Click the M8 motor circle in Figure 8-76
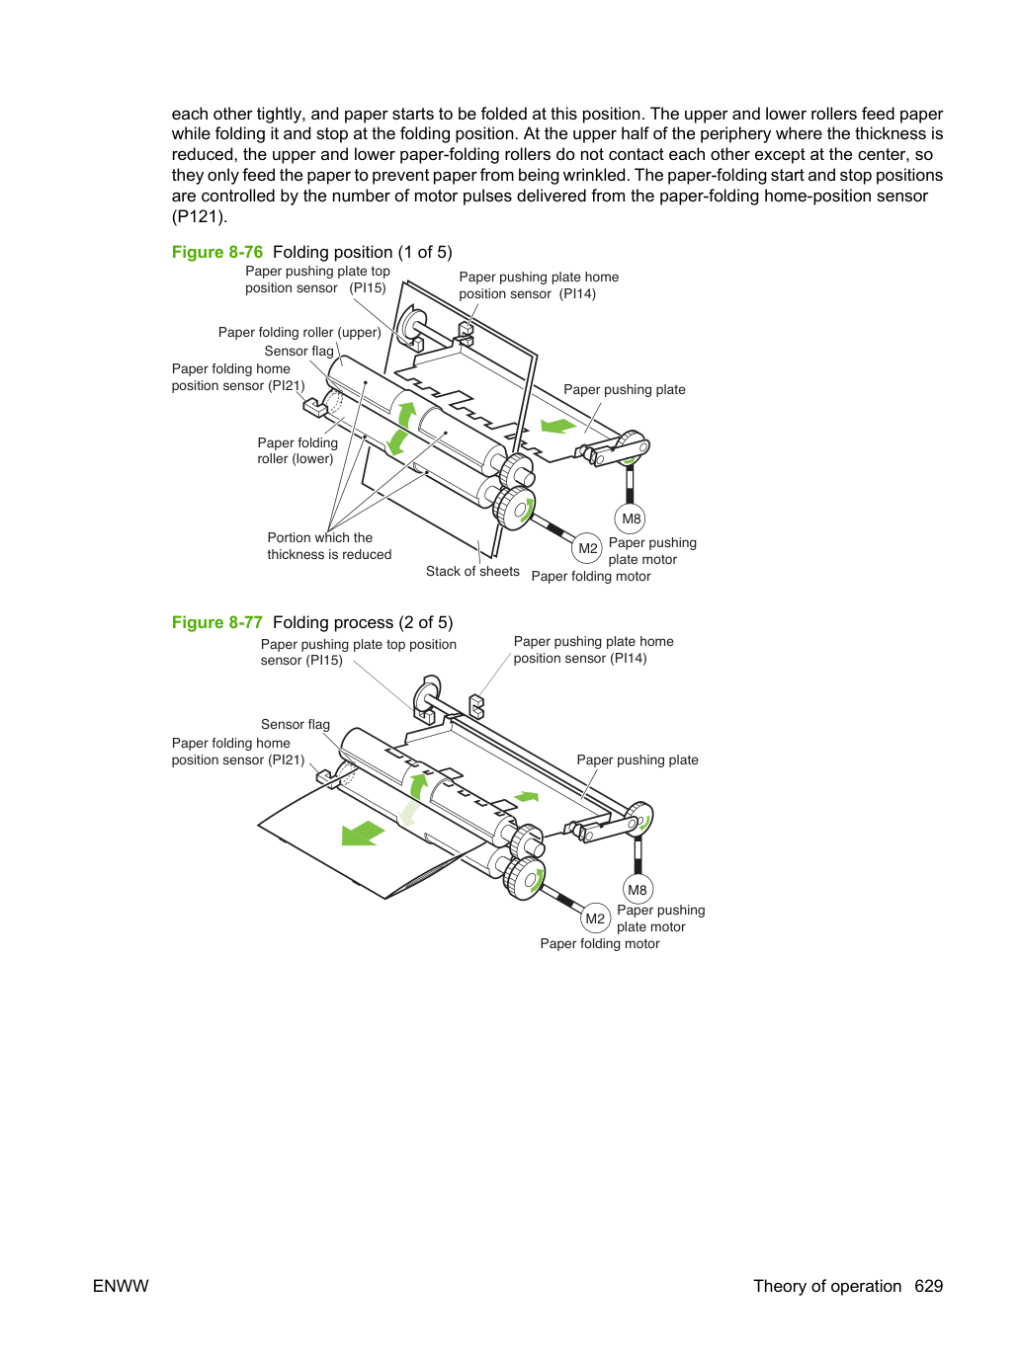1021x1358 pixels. pos(630,519)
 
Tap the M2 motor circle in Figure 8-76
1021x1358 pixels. pos(587,548)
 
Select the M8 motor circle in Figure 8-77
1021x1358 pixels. pos(638,890)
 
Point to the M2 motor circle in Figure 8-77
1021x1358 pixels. pos(595,919)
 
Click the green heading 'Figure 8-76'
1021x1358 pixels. pos(217,252)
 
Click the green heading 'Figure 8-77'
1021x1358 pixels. pos(217,622)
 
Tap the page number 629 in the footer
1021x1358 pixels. pos(928,1286)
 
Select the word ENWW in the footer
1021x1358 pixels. pos(121,1286)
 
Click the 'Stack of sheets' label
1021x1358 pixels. pos(472,571)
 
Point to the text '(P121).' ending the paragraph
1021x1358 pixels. pos(200,216)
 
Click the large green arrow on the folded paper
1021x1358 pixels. pos(364,833)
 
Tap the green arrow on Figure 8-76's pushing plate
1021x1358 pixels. pos(558,426)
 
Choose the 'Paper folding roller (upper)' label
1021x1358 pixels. pos(299,332)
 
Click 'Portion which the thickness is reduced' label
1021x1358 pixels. pos(329,546)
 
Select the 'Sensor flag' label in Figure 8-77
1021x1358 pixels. pos(296,724)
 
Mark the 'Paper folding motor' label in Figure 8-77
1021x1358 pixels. pos(599,943)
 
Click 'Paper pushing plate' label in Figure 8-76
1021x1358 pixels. pos(624,389)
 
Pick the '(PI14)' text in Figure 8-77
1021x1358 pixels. pos(628,659)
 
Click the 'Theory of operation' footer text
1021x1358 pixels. pos(827,1286)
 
